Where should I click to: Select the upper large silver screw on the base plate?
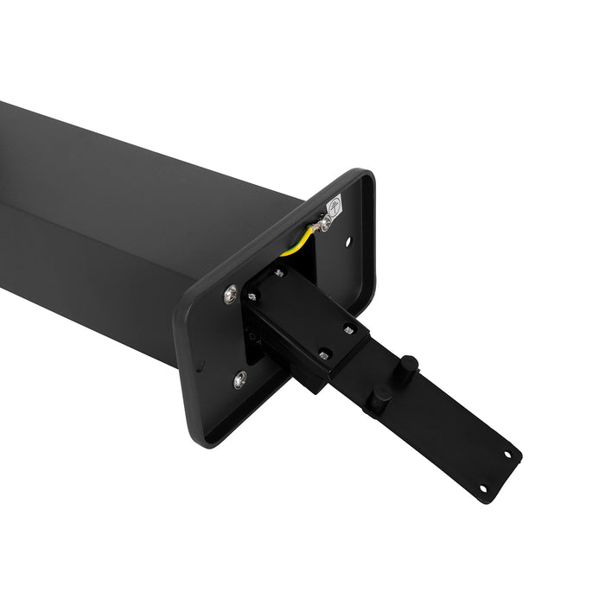tap(230, 294)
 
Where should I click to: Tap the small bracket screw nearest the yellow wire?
tap(278, 273)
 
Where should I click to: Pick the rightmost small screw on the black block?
tap(348, 328)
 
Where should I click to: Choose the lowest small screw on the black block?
tap(324, 353)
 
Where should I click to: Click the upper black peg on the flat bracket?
tap(409, 364)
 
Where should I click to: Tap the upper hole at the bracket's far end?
tap(507, 453)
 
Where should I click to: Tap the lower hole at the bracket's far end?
tap(482, 489)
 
